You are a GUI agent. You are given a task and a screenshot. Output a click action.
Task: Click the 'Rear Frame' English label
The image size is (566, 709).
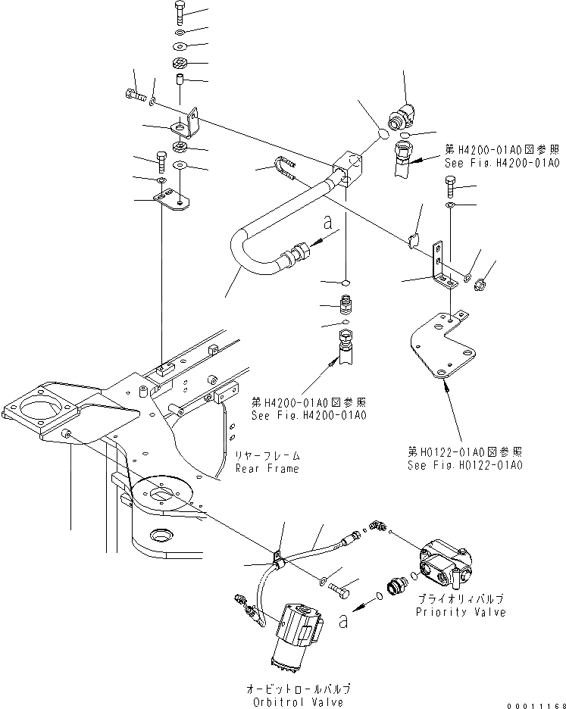point(267,468)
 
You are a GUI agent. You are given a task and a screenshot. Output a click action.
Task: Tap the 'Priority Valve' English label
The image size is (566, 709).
point(460,612)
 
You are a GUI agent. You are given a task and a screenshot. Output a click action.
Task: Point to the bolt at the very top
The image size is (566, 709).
point(179,11)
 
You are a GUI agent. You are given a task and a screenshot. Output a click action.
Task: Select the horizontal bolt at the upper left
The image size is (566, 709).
point(132,95)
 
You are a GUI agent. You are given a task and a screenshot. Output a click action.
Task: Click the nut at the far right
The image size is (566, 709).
point(479,286)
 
